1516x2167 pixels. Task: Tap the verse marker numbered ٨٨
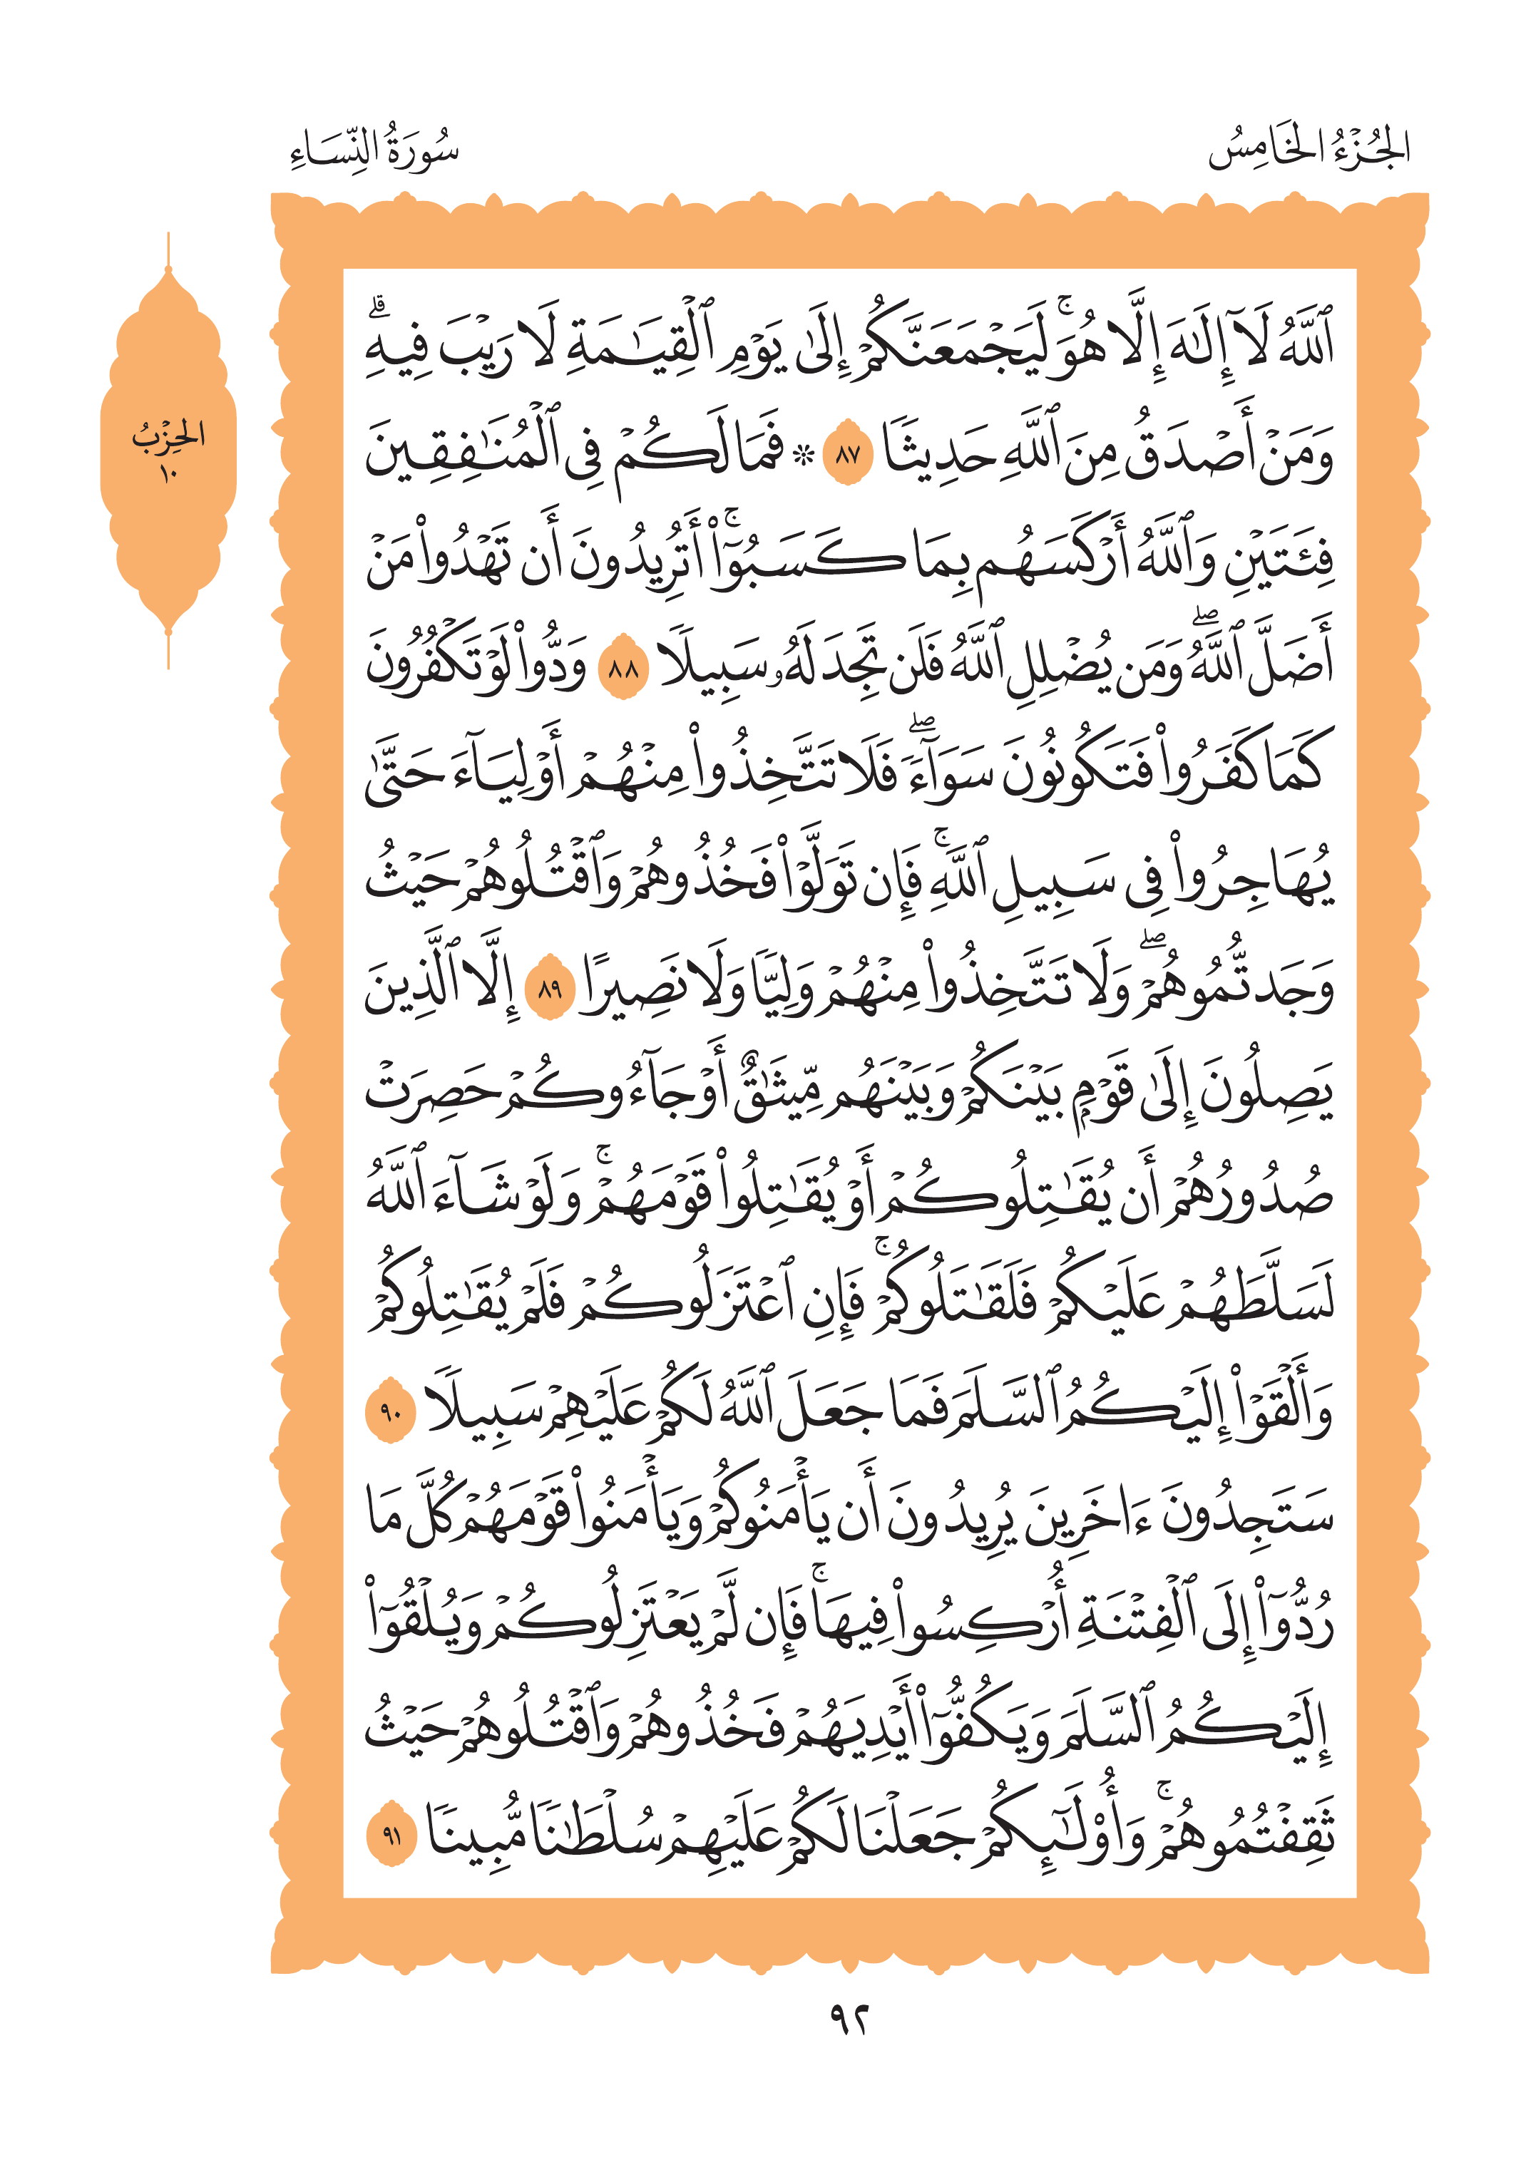624,671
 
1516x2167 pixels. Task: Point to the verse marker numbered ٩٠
391,1413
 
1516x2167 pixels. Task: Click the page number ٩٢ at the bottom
848,2019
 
